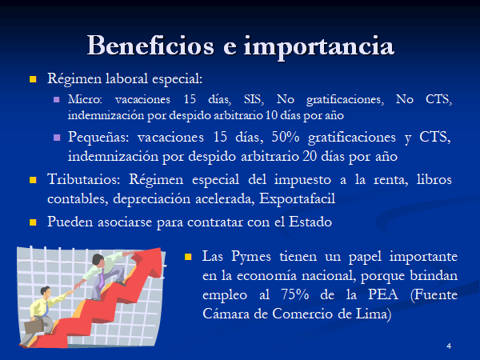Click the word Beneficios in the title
pos(150,46)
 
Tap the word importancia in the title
pos(318,47)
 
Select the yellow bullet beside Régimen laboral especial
pos(33,79)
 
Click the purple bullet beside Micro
pos(57,99)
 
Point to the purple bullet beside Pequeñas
pos(57,138)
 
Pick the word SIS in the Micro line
pos(254,99)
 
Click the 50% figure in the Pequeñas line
pos(286,137)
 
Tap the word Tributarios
pos(83,179)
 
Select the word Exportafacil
pos(297,199)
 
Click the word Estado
pos(310,222)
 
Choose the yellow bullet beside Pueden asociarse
pos(33,222)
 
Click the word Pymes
pos(251,257)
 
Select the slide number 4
pos(449,346)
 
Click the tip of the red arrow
pos(161,248)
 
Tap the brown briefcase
pos(34,326)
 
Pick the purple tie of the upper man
pos(102,279)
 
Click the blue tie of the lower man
pos(46,309)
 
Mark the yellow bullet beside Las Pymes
pos(188,257)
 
